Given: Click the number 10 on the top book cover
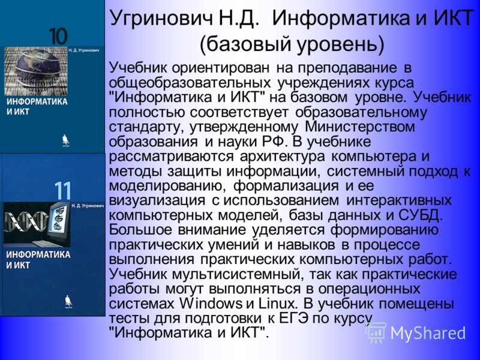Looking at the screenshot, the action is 58,37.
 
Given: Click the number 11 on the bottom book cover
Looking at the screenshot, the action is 63,191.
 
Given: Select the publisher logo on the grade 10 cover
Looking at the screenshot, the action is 65,140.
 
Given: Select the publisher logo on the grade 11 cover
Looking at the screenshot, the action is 68,302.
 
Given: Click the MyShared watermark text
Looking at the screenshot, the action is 427,333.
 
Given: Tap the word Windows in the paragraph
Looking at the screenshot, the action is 211,304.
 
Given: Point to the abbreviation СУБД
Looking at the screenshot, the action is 421,215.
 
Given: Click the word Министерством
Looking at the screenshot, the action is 360,127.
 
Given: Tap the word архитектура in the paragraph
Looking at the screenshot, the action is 282,157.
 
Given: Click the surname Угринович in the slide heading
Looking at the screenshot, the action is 161,19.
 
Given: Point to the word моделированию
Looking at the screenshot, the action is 167,186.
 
